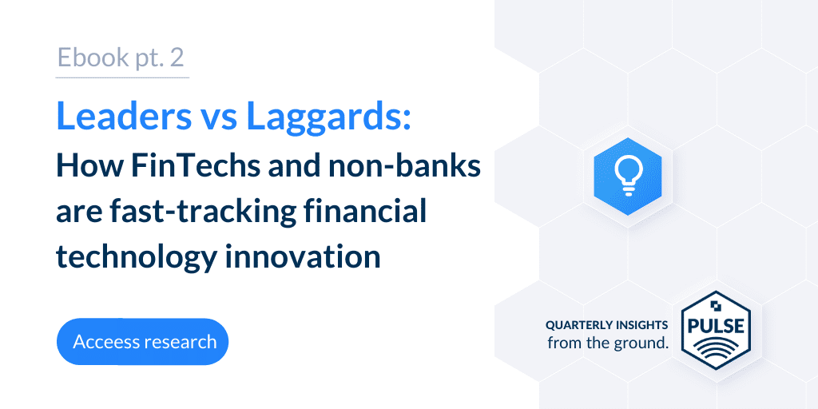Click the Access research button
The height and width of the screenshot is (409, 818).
pos(142,342)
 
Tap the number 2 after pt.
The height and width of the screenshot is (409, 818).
pos(177,58)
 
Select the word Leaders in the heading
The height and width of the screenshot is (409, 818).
pos(124,115)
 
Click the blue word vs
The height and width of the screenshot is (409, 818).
pos(219,119)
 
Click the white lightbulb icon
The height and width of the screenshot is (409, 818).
pos(627,177)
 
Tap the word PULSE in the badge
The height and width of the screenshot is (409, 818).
pos(716,326)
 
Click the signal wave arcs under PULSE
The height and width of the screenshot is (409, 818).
pos(716,351)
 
